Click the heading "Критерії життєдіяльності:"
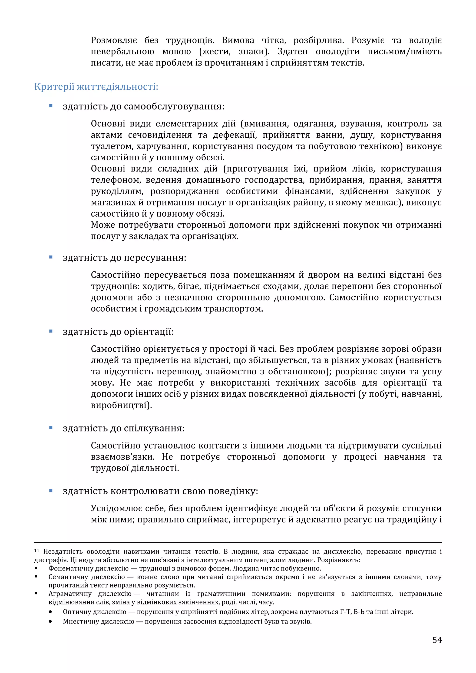click(x=96, y=87)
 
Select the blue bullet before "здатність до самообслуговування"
click(x=51, y=106)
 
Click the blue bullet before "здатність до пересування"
click(x=51, y=257)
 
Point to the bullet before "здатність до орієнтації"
click(x=51, y=331)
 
